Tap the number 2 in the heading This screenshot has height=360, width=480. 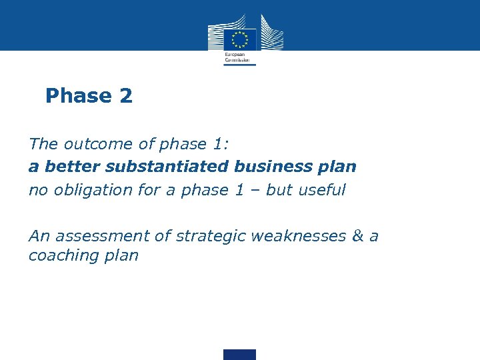(127, 96)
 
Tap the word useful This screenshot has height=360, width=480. (322, 190)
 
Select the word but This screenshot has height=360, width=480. (279, 190)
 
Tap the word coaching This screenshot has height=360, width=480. (63, 255)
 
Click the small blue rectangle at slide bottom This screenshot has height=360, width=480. (240, 355)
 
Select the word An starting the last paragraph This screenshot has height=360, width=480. (39, 236)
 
